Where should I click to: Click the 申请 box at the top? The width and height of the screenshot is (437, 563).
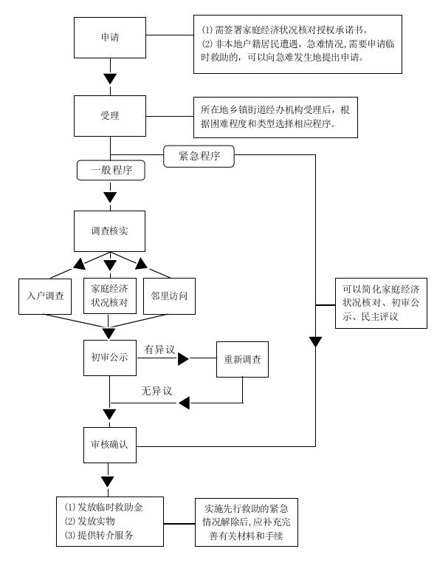click(x=110, y=38)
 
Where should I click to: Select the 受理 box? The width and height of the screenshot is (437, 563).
click(x=110, y=116)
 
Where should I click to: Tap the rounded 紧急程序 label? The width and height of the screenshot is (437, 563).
click(x=199, y=156)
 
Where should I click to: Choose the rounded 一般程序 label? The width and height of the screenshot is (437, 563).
click(x=111, y=170)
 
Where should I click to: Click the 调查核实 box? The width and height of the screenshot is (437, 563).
click(x=109, y=231)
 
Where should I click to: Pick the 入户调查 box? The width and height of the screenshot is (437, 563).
click(x=45, y=296)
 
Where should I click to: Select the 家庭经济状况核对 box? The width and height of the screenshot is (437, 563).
click(x=109, y=296)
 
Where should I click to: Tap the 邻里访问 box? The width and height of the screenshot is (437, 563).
click(x=169, y=296)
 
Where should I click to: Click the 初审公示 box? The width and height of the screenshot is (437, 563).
click(x=110, y=358)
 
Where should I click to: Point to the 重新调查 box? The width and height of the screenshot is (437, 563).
click(x=242, y=359)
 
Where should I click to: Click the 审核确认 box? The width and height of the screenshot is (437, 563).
click(x=110, y=445)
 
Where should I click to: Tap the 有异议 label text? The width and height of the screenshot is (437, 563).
click(x=159, y=349)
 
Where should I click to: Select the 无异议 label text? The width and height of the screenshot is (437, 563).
click(x=156, y=391)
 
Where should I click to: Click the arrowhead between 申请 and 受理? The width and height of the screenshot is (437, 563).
click(x=110, y=78)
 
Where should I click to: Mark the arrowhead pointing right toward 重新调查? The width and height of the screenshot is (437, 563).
click(x=183, y=358)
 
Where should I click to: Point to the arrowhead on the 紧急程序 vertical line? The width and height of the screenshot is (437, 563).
click(x=316, y=342)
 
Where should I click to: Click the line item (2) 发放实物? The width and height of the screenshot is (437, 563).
click(x=89, y=521)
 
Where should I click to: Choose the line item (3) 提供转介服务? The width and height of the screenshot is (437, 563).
click(x=99, y=535)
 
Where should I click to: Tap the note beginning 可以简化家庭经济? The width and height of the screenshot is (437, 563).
click(x=381, y=303)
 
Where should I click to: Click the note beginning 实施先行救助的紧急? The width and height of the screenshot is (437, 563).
click(x=247, y=522)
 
